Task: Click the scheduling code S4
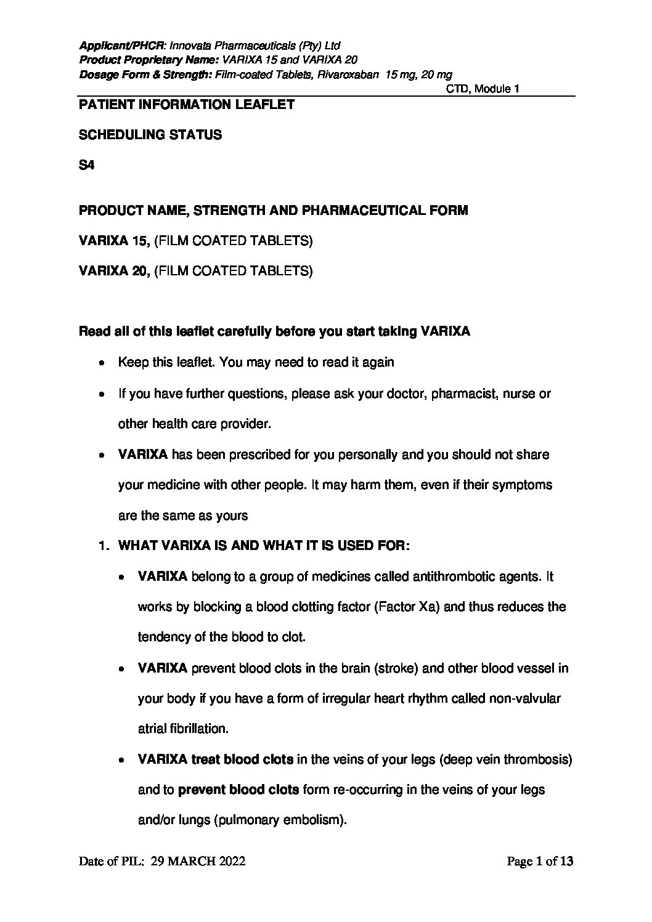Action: click(86, 165)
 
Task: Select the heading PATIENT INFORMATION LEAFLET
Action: click(186, 105)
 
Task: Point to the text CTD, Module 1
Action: click(483, 89)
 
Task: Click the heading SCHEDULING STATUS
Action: click(150, 135)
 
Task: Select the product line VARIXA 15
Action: click(114, 241)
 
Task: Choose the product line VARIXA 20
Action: click(114, 271)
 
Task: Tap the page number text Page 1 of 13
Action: click(540, 862)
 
